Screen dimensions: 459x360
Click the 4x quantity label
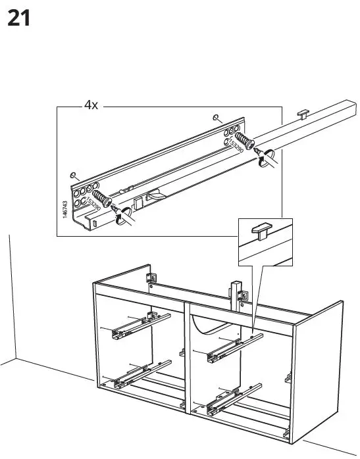(x=90, y=106)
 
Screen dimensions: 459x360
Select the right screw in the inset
(x=244, y=141)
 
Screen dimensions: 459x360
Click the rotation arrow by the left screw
(x=122, y=216)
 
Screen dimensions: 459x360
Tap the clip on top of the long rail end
(x=303, y=113)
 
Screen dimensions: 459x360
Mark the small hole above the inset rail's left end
(x=74, y=176)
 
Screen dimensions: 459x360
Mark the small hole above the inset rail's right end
(x=217, y=117)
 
